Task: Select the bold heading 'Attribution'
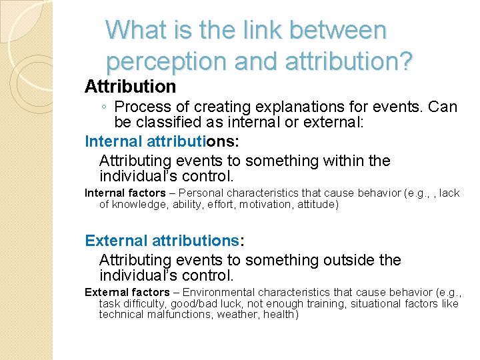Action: (x=130, y=87)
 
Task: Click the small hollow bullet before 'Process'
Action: (x=105, y=107)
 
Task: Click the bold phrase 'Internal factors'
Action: (x=125, y=193)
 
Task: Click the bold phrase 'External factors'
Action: (x=127, y=292)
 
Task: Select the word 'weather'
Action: (x=235, y=314)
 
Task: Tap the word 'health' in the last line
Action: (x=281, y=314)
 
